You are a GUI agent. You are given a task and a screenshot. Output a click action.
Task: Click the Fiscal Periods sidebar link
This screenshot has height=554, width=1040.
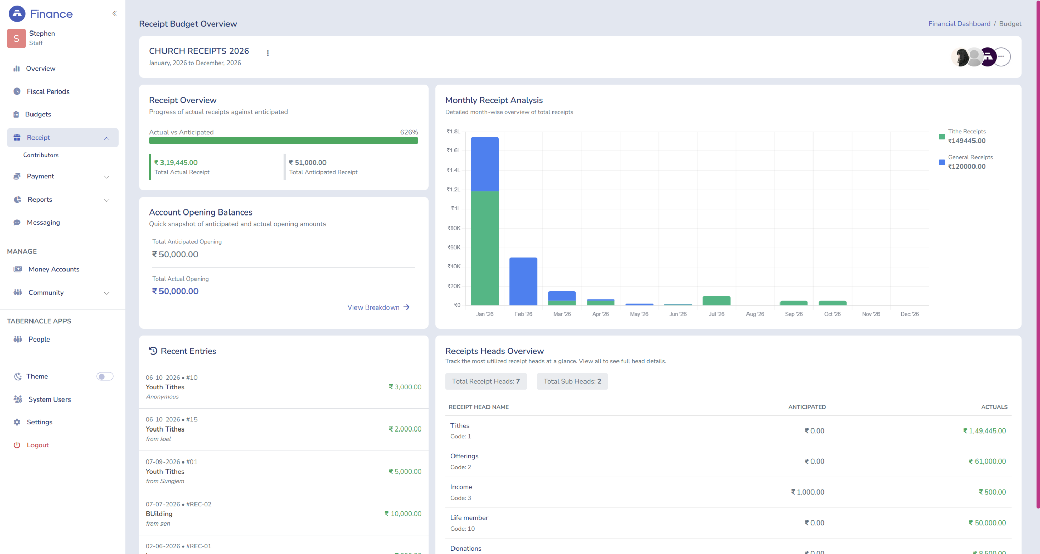pos(48,91)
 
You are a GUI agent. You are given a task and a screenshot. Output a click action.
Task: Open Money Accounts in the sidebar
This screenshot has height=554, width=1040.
pos(54,269)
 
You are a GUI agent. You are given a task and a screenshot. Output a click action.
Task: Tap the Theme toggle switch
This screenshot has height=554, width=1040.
pos(105,376)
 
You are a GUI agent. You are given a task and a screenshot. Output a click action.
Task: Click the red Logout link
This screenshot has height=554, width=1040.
pos(38,445)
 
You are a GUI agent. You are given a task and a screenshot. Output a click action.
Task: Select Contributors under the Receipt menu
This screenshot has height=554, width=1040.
pos(41,155)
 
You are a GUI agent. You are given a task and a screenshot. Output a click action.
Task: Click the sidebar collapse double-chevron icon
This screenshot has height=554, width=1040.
pos(115,14)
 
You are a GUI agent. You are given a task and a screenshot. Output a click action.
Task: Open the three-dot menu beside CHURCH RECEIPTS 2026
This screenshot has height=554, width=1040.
pos(268,53)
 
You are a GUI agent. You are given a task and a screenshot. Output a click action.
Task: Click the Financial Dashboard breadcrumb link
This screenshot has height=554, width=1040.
pos(959,24)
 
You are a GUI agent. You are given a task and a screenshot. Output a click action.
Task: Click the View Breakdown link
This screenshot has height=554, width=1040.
pos(378,307)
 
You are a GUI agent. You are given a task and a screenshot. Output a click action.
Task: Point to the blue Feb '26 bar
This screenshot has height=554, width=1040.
pos(523,281)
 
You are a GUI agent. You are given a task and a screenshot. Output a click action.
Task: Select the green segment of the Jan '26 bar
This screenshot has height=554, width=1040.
pos(484,248)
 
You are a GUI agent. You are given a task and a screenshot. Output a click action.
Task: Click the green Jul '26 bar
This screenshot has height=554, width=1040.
pos(716,301)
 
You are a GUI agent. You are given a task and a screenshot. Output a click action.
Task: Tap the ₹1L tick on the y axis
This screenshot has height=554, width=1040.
pos(456,208)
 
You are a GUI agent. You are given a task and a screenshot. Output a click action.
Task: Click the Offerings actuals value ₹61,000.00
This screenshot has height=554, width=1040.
pos(987,461)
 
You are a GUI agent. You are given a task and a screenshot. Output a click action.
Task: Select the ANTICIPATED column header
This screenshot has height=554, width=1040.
pos(807,407)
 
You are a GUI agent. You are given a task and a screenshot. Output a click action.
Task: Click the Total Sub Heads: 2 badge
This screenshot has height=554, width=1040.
pos(572,382)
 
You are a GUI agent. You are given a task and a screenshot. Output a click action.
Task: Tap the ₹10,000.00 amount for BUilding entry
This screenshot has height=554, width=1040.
pos(403,514)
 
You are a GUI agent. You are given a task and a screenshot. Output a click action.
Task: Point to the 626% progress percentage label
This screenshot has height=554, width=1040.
pos(409,132)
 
